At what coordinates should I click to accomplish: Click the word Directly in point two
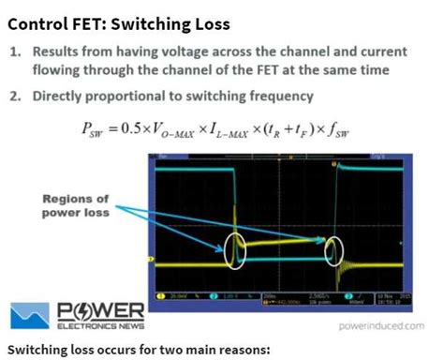67,96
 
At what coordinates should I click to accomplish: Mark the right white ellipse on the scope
334,250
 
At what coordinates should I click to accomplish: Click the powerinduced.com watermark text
377,325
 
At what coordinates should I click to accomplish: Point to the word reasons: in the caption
242,349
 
